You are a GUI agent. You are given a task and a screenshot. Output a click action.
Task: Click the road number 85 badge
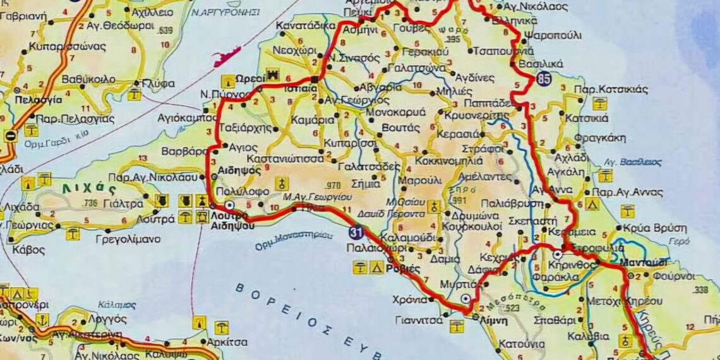click(544, 79)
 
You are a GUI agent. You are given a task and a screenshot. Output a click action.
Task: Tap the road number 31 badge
click(356, 234)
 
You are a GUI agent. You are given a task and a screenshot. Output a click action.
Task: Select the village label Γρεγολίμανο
click(128, 239)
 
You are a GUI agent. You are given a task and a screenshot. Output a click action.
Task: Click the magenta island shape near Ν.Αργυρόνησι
click(227, 56)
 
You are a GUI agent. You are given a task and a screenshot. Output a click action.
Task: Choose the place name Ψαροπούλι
click(553, 35)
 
